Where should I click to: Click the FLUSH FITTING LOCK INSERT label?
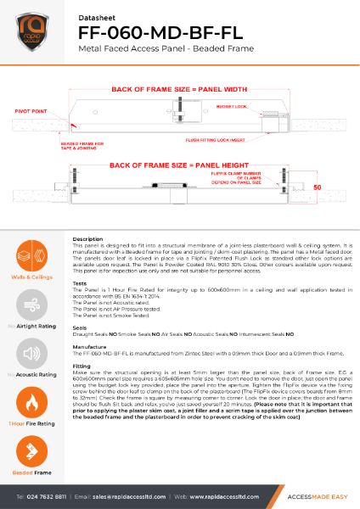(212, 138)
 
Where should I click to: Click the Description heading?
(88, 239)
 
